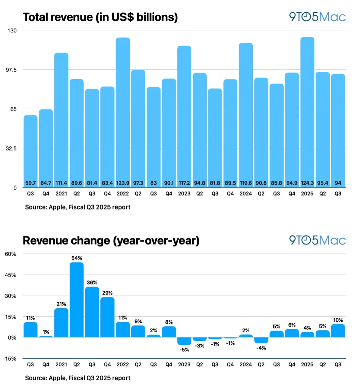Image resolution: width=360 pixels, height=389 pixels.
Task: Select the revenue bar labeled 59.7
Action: coord(30,150)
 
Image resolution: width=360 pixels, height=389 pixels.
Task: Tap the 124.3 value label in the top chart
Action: coord(307,183)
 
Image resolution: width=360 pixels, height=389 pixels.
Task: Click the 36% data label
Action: coord(92,283)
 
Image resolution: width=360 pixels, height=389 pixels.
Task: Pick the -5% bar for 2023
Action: coord(184,341)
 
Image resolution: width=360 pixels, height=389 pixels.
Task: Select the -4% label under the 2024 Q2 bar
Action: coord(261,348)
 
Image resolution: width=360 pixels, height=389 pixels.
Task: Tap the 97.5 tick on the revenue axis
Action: coord(12,70)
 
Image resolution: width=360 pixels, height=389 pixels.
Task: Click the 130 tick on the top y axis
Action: coord(12,30)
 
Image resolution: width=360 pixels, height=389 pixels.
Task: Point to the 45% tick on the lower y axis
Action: coord(11,275)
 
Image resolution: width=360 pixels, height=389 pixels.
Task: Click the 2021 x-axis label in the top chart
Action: coord(61,193)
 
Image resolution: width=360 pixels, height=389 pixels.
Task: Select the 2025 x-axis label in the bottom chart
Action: coord(307,364)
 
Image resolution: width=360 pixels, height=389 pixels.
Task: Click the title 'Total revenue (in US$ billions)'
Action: coord(100,17)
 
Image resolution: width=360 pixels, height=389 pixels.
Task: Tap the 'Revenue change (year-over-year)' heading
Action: coord(111,241)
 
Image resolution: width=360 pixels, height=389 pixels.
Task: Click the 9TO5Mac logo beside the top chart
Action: coord(317,17)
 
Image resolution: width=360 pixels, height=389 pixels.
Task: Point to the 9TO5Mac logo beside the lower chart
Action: coord(317,240)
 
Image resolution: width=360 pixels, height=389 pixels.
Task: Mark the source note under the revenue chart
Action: coord(78,207)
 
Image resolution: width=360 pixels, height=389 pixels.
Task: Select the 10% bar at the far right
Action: coord(338,331)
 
